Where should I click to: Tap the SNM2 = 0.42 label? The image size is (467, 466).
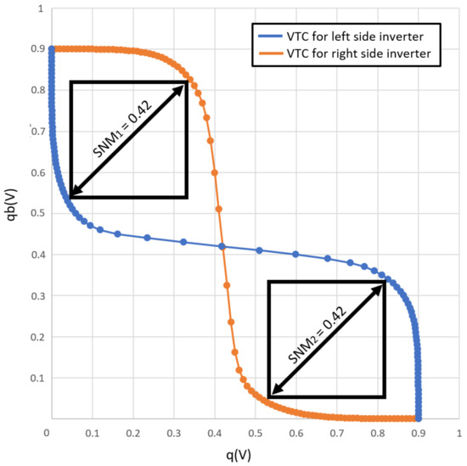pos(327,340)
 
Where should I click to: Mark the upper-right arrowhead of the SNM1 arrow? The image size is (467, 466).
pos(183,86)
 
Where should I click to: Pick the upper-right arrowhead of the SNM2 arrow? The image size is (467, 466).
pos(382,285)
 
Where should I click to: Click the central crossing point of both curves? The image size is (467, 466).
pos(222,247)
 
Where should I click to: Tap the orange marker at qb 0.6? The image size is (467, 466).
pos(215,173)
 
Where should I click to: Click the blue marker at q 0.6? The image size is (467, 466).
pos(295,255)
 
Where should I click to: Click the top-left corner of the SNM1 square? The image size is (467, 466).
pos(70,82)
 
